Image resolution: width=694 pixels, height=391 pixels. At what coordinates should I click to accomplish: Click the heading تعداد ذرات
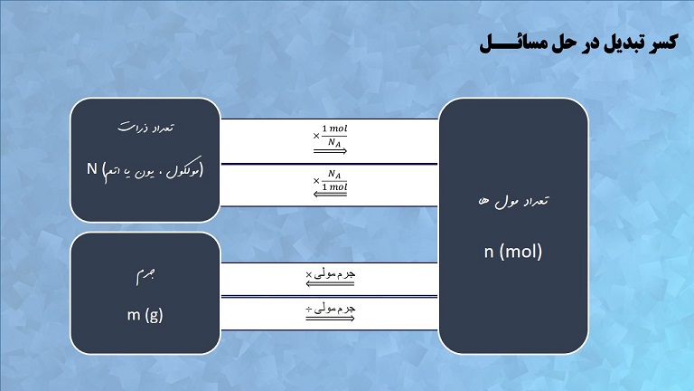tap(145, 129)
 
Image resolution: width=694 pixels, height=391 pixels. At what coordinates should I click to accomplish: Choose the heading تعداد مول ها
tap(513, 201)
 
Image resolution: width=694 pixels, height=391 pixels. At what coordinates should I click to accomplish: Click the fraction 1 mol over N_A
tap(334, 136)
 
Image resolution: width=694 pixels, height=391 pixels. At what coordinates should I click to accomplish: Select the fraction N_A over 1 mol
tap(334, 180)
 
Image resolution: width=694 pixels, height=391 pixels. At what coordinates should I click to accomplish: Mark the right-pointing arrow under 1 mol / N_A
tap(330, 152)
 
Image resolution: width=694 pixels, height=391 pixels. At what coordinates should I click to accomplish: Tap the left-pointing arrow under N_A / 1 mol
tap(330, 195)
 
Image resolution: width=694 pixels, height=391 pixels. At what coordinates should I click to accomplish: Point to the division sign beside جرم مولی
tap(309, 310)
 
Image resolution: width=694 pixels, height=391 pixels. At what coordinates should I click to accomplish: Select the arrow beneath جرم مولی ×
tap(330, 283)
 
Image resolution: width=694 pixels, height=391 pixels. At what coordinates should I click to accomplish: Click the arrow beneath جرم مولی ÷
tap(330, 320)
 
